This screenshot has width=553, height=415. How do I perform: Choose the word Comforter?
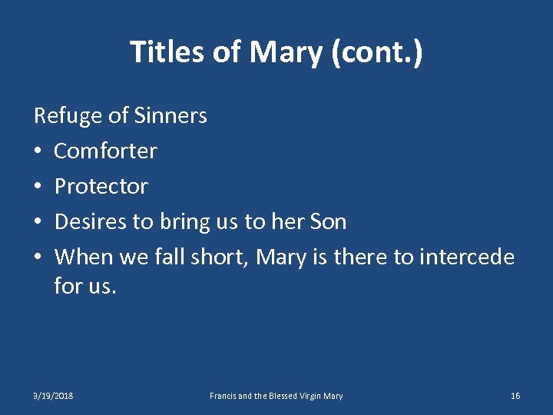(x=105, y=151)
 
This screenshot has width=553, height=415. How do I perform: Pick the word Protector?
(x=101, y=187)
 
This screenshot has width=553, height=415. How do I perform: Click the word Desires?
(x=91, y=222)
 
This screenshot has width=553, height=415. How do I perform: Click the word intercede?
(x=467, y=257)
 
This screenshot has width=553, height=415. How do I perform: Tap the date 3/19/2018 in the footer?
(x=54, y=396)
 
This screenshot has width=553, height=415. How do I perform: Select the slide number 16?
(x=515, y=396)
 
